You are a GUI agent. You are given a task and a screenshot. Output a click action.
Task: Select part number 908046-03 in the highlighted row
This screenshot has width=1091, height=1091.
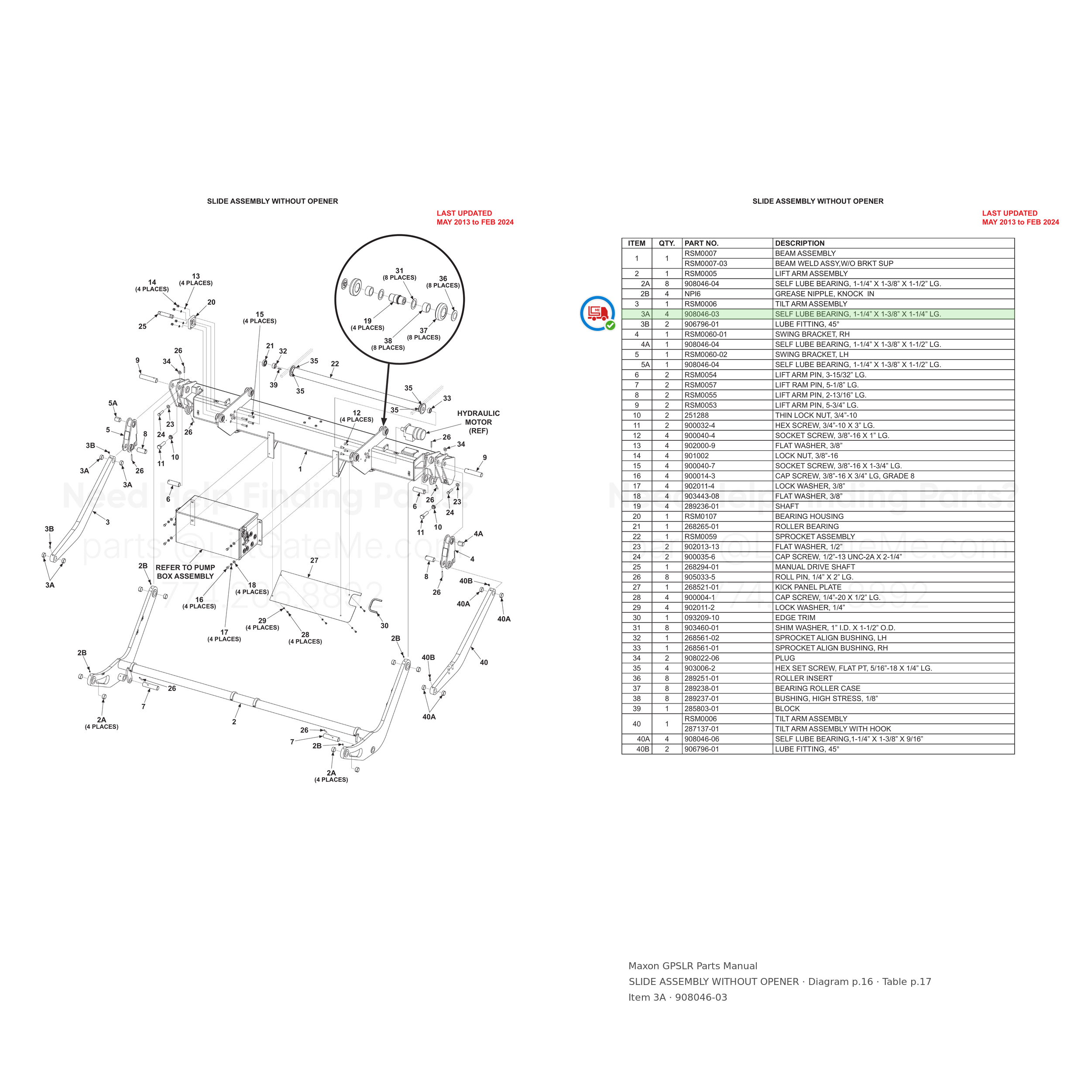tap(701, 314)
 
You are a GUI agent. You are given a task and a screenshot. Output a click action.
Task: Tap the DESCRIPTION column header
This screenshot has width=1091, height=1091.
tap(799, 244)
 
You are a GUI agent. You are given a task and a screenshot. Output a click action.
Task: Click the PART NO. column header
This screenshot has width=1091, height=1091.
tap(701, 244)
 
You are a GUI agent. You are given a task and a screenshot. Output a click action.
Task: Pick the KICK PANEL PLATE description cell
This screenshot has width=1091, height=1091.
tap(808, 587)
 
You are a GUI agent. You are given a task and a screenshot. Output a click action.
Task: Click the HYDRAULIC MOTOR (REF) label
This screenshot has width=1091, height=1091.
tap(478, 422)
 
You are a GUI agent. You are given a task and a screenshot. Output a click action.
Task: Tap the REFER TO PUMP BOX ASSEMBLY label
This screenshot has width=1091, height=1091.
tap(185, 572)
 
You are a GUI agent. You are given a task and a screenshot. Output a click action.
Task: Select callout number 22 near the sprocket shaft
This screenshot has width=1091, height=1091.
tap(335, 364)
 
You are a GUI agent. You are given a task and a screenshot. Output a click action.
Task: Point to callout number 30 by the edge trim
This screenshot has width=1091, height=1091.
tap(384, 626)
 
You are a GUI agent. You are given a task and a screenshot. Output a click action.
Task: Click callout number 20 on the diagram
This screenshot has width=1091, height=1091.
tap(211, 302)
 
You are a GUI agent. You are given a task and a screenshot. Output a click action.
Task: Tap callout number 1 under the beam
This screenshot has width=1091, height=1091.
tap(300, 469)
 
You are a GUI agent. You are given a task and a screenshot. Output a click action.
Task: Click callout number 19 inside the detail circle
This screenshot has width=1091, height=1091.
tap(367, 321)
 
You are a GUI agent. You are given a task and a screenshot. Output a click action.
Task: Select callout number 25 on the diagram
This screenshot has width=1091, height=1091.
tap(142, 326)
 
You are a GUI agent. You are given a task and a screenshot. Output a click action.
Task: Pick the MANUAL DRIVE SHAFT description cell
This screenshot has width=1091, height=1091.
tap(815, 567)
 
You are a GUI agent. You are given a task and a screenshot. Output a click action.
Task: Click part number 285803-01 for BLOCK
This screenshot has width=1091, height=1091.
tap(701, 709)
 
